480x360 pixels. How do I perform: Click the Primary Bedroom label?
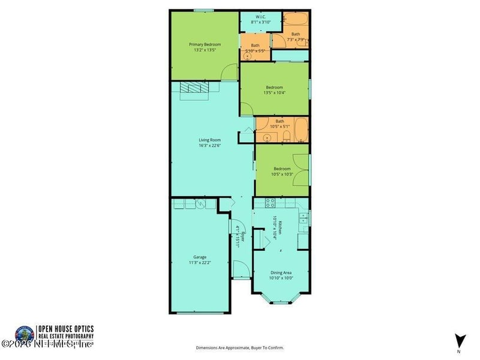coord(205,44)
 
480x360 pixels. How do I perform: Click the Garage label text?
coord(200,257)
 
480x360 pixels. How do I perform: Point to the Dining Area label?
coord(281,273)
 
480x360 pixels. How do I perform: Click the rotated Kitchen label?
coord(277,228)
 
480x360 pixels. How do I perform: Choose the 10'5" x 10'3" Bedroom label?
coord(282,169)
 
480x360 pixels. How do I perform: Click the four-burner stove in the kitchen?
coord(270,203)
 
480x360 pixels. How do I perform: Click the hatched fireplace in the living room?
coord(194,88)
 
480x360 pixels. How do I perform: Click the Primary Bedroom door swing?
coord(229,73)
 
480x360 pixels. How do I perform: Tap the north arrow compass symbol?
coord(459,340)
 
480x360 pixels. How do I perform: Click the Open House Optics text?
coord(66,329)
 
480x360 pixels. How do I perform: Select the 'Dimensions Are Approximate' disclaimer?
coord(239,347)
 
